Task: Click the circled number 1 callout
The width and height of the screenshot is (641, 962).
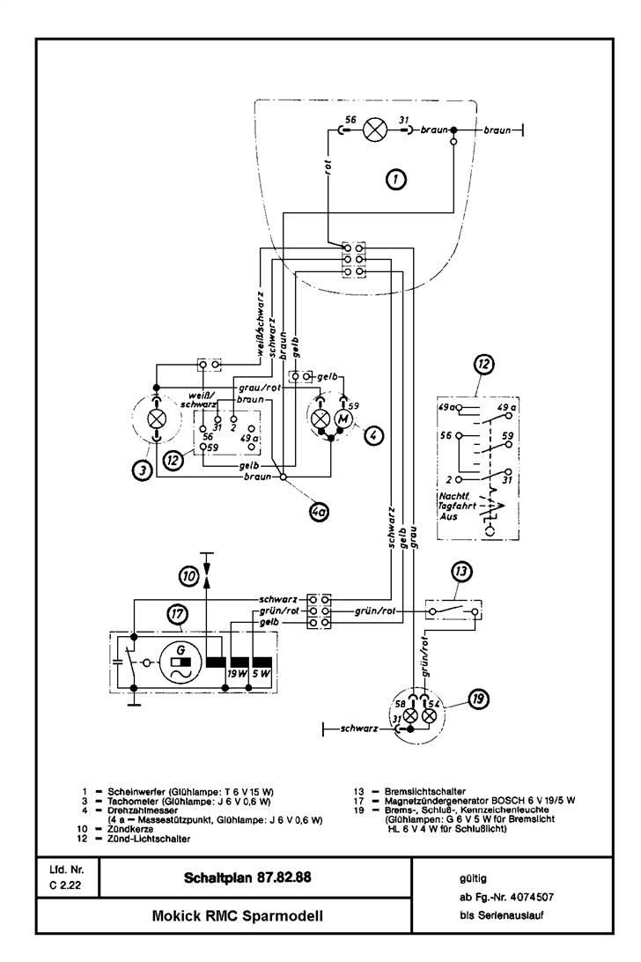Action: pyautogui.click(x=397, y=180)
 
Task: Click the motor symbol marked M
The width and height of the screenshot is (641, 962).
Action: pyautogui.click(x=343, y=420)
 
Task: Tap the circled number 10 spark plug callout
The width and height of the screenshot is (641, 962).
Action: pyautogui.click(x=189, y=575)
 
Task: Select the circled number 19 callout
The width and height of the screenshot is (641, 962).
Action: pyautogui.click(x=477, y=699)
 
